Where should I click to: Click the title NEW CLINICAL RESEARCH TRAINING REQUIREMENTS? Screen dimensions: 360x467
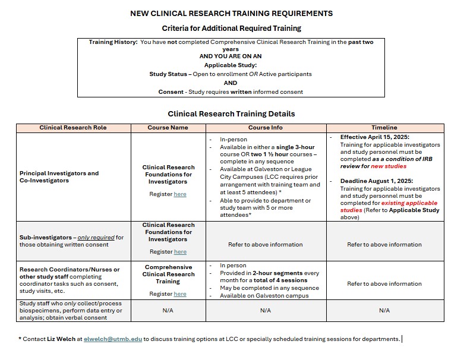[x=231, y=13]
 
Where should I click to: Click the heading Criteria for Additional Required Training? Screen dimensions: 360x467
[x=231, y=28]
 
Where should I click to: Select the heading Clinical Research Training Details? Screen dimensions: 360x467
[x=231, y=113]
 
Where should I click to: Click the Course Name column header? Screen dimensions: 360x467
[x=168, y=128]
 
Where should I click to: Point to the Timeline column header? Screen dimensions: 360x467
[x=384, y=128]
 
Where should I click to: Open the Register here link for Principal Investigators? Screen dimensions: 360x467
[x=180, y=194]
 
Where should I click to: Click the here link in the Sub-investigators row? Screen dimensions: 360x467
[x=180, y=252]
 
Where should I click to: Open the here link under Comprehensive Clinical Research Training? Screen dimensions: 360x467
[x=180, y=294]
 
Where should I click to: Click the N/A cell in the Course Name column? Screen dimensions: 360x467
[x=168, y=310]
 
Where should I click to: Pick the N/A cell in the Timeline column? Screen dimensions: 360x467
[x=384, y=310]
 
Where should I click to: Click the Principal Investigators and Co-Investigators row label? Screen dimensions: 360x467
[x=59, y=177]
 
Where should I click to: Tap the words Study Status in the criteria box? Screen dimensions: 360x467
[x=167, y=74]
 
